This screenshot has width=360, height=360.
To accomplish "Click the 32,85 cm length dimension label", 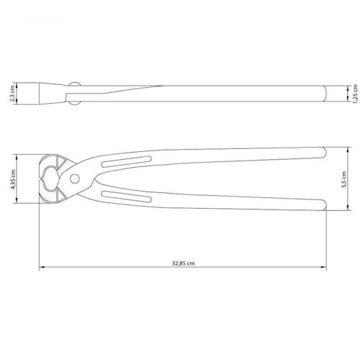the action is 184,263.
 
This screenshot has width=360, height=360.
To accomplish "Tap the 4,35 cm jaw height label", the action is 13,179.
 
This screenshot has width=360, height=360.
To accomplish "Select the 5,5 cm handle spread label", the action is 344,179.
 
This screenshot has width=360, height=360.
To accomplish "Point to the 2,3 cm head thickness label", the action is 13,94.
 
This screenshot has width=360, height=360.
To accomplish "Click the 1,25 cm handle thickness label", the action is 356,94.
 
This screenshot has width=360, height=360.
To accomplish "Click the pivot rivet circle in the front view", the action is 75,179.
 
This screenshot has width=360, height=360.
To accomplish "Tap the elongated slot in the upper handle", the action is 127,161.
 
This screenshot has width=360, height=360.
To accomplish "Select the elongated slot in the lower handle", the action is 127,197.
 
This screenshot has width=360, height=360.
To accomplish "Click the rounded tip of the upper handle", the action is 324,153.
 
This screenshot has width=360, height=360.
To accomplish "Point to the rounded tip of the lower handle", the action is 324,205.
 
